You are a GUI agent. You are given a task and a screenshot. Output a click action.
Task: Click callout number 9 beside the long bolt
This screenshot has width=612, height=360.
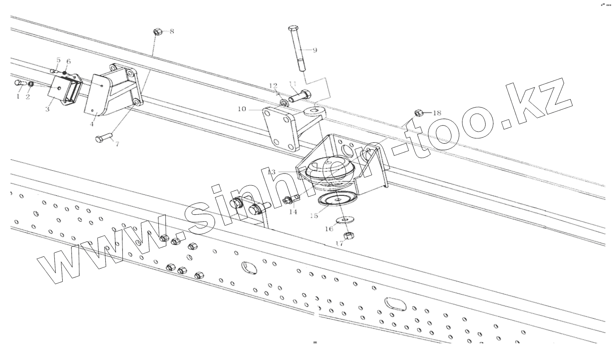click(x=314, y=50)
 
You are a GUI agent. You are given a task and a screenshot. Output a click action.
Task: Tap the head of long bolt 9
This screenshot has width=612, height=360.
click(x=293, y=29)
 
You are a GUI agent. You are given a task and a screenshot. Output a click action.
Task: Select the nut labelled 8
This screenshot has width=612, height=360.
click(x=158, y=32)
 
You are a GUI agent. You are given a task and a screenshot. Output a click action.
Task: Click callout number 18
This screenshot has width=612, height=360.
click(x=437, y=113)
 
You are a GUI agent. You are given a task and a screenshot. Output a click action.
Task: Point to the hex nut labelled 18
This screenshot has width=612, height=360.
click(x=419, y=113)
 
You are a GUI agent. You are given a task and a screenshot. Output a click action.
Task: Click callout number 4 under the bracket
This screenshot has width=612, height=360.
click(x=92, y=124)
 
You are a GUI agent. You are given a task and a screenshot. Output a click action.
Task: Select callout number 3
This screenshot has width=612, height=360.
click(x=47, y=109)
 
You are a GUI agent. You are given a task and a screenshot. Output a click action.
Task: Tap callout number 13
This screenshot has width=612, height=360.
click(x=271, y=172)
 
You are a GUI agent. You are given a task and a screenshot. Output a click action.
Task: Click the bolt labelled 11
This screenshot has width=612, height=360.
click(x=300, y=94)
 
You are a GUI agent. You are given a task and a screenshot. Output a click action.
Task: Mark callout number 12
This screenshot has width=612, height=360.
click(x=273, y=86)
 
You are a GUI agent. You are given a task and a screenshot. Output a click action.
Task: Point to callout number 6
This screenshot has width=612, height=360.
click(x=68, y=61)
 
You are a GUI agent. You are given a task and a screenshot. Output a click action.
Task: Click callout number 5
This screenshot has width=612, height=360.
click(x=58, y=60)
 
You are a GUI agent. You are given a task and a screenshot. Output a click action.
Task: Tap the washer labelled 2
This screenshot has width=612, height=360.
click(x=31, y=84)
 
